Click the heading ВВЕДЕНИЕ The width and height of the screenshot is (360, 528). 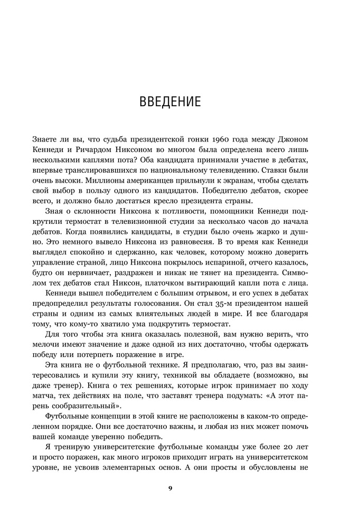170,101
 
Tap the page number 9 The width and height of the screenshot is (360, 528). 170,488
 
